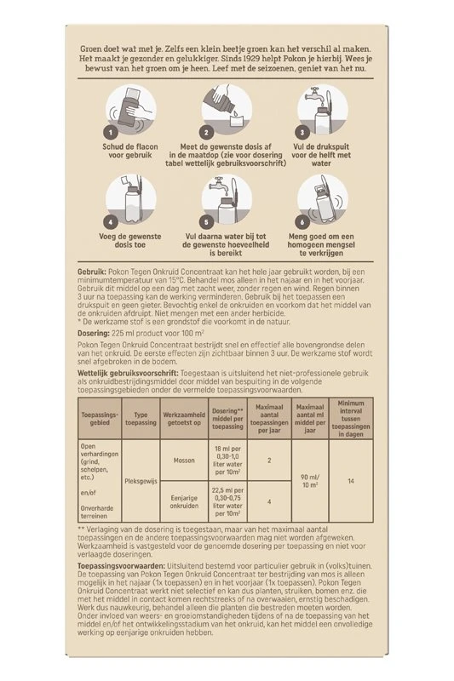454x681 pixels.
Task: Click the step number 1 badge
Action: pyautogui.click(x=111, y=132)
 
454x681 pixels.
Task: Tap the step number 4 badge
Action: pyautogui.click(x=111, y=222)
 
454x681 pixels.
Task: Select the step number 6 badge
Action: pyautogui.click(x=302, y=222)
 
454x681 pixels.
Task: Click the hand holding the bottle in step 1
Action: pyautogui.click(x=141, y=114)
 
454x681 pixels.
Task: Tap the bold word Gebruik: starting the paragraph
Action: pyautogui.click(x=92, y=272)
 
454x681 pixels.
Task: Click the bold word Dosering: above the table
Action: pyautogui.click(x=94, y=334)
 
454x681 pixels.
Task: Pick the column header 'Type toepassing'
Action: pyautogui.click(x=141, y=419)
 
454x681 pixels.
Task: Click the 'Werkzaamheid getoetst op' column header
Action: pyautogui.click(x=184, y=419)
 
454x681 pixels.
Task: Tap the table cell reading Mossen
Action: pyautogui.click(x=184, y=461)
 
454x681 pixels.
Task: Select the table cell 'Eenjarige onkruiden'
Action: pyautogui.click(x=184, y=501)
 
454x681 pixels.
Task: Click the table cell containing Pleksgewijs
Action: pyautogui.click(x=141, y=482)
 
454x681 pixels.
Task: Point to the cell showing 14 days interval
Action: pyautogui.click(x=351, y=481)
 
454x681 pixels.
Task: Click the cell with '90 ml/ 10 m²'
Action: pyautogui.click(x=310, y=481)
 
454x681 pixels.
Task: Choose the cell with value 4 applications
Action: pyautogui.click(x=269, y=501)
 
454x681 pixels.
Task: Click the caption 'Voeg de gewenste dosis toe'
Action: pyautogui.click(x=130, y=241)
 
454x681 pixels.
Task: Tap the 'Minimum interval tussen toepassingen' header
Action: pyautogui.click(x=351, y=419)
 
